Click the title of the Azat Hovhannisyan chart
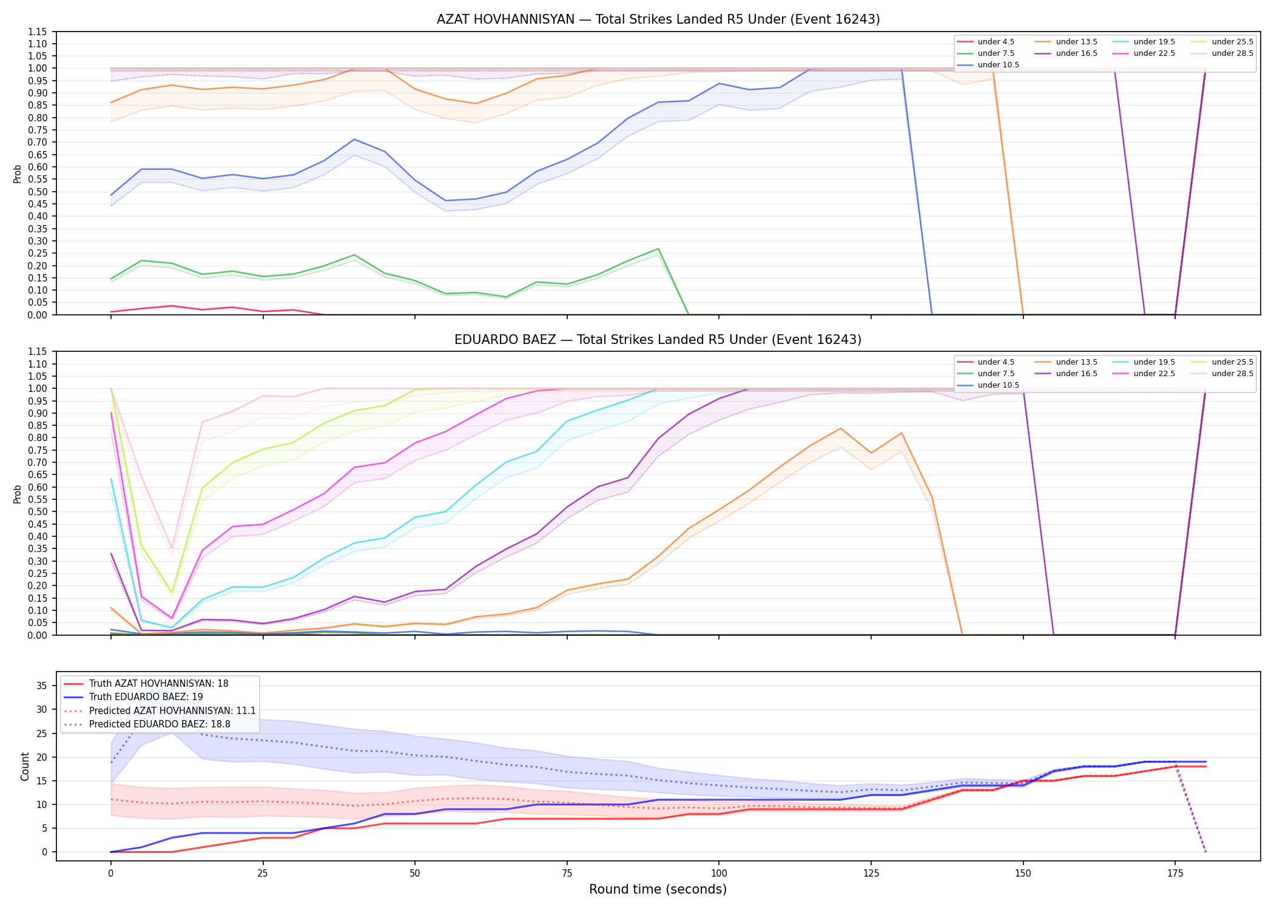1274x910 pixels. tap(658, 19)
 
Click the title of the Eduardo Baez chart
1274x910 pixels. tap(658, 340)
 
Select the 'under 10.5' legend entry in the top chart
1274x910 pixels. tap(988, 65)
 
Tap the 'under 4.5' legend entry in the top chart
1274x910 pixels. tap(986, 42)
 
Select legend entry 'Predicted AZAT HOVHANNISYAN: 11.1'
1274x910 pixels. tap(160, 710)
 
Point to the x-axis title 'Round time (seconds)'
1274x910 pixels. tap(658, 889)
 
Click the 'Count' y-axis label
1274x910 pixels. tap(25, 766)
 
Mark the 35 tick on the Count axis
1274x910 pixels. tap(42, 686)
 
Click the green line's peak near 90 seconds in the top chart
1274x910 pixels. tap(658, 249)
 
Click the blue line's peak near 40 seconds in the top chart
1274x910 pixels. tap(354, 140)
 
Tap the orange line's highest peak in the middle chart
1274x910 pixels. tap(841, 428)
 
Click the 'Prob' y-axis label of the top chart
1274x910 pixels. tap(18, 174)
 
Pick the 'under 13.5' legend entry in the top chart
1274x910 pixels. tap(1067, 42)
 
